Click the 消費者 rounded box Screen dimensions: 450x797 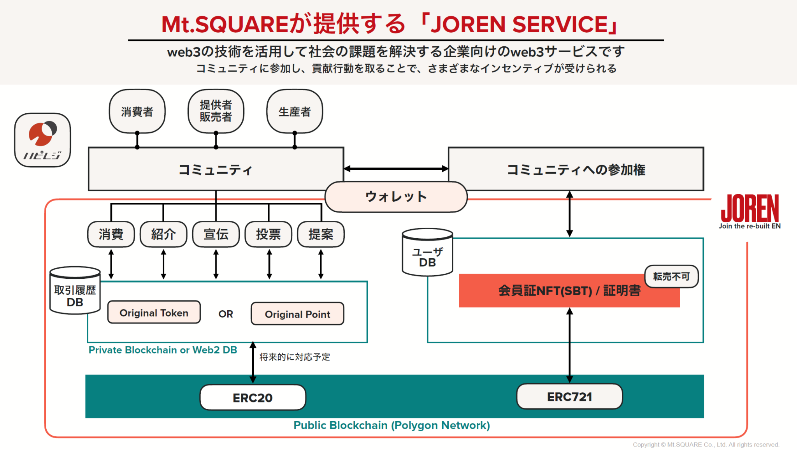(137, 112)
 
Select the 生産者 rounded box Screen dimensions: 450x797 (295, 112)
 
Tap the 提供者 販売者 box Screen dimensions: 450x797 (216, 111)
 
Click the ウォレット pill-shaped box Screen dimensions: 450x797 (396, 197)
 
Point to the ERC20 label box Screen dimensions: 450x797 (253, 397)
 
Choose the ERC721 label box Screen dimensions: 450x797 (569, 397)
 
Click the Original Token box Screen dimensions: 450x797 (154, 313)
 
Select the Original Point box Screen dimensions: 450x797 (297, 314)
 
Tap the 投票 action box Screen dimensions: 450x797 (268, 234)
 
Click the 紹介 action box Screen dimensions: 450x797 (163, 234)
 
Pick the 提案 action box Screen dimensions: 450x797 (321, 234)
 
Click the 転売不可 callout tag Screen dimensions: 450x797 (671, 276)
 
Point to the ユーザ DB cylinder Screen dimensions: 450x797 (427, 253)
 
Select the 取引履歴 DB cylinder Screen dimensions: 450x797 (75, 291)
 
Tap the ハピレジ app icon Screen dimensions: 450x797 (42, 140)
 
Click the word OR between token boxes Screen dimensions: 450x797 (226, 314)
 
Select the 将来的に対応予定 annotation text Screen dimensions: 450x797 (295, 357)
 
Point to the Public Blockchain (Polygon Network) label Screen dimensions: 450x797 (391, 425)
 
